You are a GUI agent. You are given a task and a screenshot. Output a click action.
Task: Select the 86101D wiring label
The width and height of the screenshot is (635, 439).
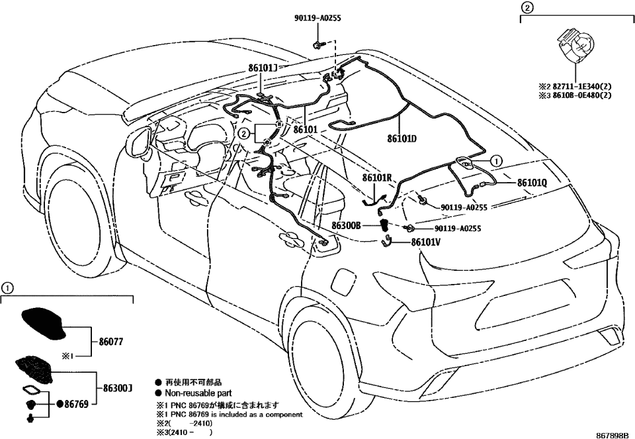point(402,139)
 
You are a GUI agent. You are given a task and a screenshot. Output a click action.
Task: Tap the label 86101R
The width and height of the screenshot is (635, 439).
point(378,178)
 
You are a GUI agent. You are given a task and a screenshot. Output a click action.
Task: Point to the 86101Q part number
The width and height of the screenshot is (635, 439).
point(532,182)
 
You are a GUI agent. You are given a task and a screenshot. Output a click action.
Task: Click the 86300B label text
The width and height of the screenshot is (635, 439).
point(346,226)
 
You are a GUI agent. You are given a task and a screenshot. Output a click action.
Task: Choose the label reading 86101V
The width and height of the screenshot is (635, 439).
point(425,242)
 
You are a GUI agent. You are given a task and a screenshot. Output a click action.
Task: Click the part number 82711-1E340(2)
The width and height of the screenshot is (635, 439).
point(578,85)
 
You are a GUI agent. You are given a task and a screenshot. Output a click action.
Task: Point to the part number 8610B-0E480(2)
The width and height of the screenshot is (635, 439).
point(578,95)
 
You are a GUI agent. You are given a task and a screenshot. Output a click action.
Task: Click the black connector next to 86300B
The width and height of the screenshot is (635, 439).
point(384,226)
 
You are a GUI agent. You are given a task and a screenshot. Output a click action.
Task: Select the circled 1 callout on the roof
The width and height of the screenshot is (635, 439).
point(496,160)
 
